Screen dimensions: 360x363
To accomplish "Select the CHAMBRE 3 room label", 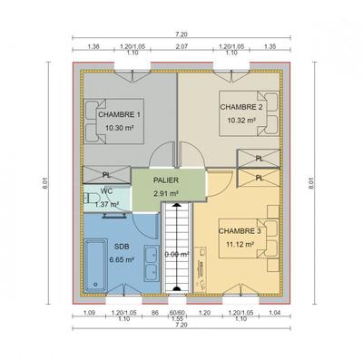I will click(x=240, y=230).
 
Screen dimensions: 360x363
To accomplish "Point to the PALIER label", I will click(x=164, y=180).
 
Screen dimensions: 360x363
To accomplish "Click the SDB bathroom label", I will click(x=120, y=247).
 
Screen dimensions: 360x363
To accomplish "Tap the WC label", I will click(x=107, y=191).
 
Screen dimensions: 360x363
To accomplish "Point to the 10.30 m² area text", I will click(x=121, y=128).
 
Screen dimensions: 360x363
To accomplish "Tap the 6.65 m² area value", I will click(x=121, y=259).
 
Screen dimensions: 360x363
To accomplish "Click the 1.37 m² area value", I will click(x=107, y=204).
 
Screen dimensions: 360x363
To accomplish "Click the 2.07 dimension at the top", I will click(x=181, y=44).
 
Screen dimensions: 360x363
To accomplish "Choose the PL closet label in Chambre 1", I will click(x=107, y=176).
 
